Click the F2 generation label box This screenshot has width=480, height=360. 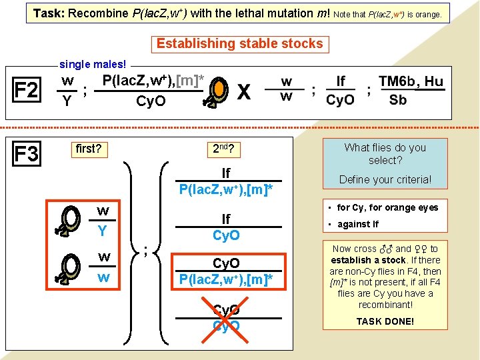[x=26, y=90]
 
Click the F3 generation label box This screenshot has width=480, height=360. [x=26, y=154]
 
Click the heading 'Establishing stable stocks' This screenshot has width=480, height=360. [x=239, y=44]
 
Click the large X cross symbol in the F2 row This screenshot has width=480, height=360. [x=245, y=92]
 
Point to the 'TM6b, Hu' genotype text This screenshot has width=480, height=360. [x=410, y=81]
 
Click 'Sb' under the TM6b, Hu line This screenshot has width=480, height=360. [x=397, y=100]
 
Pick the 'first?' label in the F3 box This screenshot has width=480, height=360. [x=89, y=149]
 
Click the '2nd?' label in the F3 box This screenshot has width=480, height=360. [x=226, y=149]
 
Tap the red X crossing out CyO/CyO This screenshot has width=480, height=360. [x=226, y=319]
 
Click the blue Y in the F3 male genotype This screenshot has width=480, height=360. [x=103, y=231]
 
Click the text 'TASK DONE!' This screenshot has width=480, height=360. [x=385, y=321]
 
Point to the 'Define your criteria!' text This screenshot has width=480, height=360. [x=385, y=179]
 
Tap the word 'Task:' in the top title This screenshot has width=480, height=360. [x=49, y=13]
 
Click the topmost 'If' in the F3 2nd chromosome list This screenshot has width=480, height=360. [x=226, y=173]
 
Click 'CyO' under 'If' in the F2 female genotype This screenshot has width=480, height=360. [x=340, y=101]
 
